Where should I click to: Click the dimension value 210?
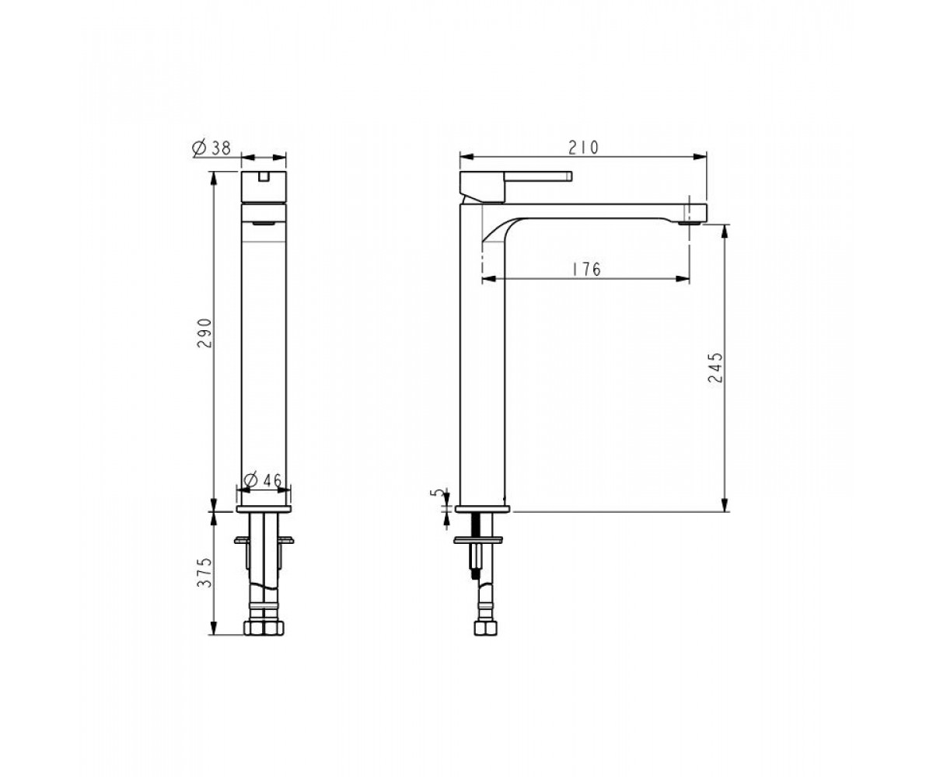pos(583,148)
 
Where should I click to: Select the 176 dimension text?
pos(586,270)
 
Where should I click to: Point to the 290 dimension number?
pos(204,333)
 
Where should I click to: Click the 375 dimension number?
pos(204,573)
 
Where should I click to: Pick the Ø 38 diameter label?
pos(211,148)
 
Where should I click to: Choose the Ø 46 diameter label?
pos(264,480)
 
